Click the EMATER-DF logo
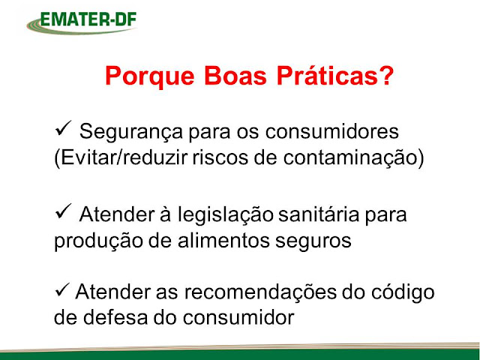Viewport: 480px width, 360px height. pos(82,22)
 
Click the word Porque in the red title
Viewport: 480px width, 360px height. pos(150,76)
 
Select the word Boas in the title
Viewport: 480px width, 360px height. pos(235,76)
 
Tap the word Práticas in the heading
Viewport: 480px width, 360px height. pos(327,75)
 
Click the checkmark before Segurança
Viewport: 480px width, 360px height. pos(63,128)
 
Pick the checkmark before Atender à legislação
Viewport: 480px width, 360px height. pos(63,211)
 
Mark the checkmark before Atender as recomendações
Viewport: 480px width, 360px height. pos(62,290)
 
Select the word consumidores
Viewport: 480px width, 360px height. pos(331,132)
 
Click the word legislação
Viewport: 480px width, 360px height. pos(226,216)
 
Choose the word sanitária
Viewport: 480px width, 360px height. pos(319,214)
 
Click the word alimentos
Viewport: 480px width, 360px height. pos(223,241)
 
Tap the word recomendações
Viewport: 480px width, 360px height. pos(260,293)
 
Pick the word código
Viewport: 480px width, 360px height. pos(403,293)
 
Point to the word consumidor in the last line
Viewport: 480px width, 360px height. pos(238,317)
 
